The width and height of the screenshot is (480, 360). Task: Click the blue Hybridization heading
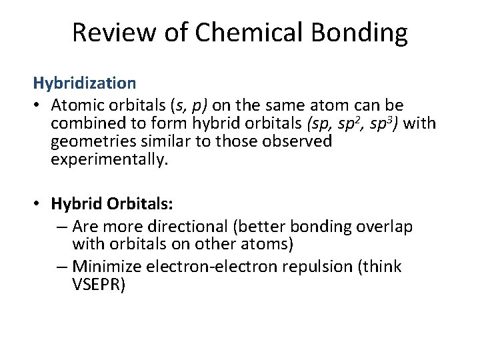pos(85,83)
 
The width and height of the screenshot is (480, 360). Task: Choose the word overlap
pos(387,227)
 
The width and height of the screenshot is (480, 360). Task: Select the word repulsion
pos(335,267)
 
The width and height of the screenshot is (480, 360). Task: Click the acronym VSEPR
pos(97,285)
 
